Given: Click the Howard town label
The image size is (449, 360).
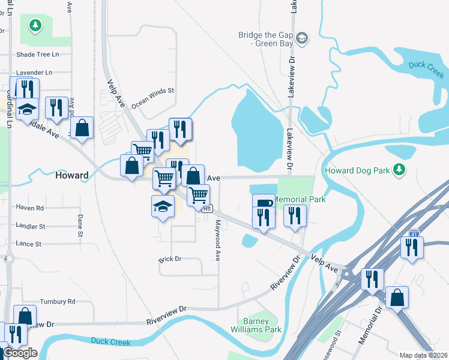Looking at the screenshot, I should click(x=72, y=176).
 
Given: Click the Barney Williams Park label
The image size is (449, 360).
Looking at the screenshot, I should click(x=255, y=325).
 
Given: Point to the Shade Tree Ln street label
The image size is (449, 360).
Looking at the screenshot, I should click(x=38, y=54).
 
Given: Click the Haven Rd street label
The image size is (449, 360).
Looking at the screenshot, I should click(x=31, y=208).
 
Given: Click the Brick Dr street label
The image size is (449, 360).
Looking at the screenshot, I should click(x=170, y=259).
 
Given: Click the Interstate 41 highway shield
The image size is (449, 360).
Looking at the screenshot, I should click(x=413, y=232).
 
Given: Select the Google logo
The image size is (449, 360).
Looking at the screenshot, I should click(x=20, y=353).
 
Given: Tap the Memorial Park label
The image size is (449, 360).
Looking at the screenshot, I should click(x=300, y=199).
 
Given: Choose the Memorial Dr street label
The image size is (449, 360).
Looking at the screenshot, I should click(x=370, y=326).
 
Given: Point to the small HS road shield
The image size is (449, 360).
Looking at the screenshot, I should click(x=207, y=209).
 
